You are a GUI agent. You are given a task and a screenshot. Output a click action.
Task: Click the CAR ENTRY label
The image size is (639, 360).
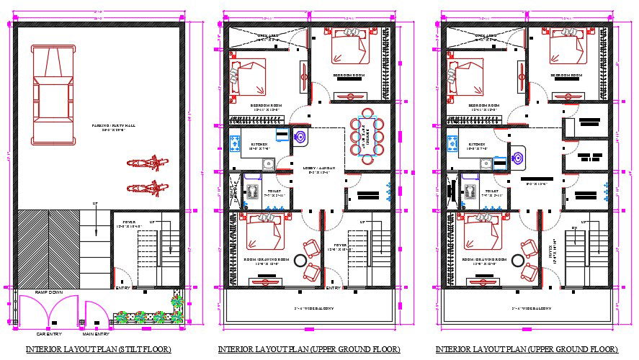point(50,334)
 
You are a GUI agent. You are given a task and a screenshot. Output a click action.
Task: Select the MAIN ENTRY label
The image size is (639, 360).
point(95,334)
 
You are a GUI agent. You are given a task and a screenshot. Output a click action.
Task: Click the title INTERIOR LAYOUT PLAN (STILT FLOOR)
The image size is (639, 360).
point(98,350)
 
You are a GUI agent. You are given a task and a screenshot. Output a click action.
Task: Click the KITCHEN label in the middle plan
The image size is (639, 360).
point(260,144)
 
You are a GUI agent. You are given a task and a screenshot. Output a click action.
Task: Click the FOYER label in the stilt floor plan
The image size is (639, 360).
point(129,222)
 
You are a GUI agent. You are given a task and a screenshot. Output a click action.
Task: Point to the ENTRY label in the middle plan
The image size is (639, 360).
point(333,289)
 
